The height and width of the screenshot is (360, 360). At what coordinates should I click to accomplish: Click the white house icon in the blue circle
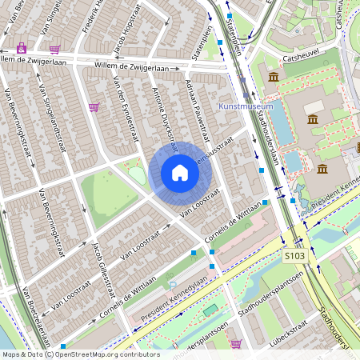click(x=180, y=173)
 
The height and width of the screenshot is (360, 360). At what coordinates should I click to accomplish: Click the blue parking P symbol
click(x=171, y=285)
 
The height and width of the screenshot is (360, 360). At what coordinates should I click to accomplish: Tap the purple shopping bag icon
click(x=21, y=48)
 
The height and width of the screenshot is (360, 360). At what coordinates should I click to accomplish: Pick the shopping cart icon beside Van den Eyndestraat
click(x=94, y=107)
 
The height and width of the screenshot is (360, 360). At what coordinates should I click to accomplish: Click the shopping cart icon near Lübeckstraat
click(x=236, y=344)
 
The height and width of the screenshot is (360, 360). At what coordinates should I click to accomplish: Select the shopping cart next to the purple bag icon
click(x=54, y=50)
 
